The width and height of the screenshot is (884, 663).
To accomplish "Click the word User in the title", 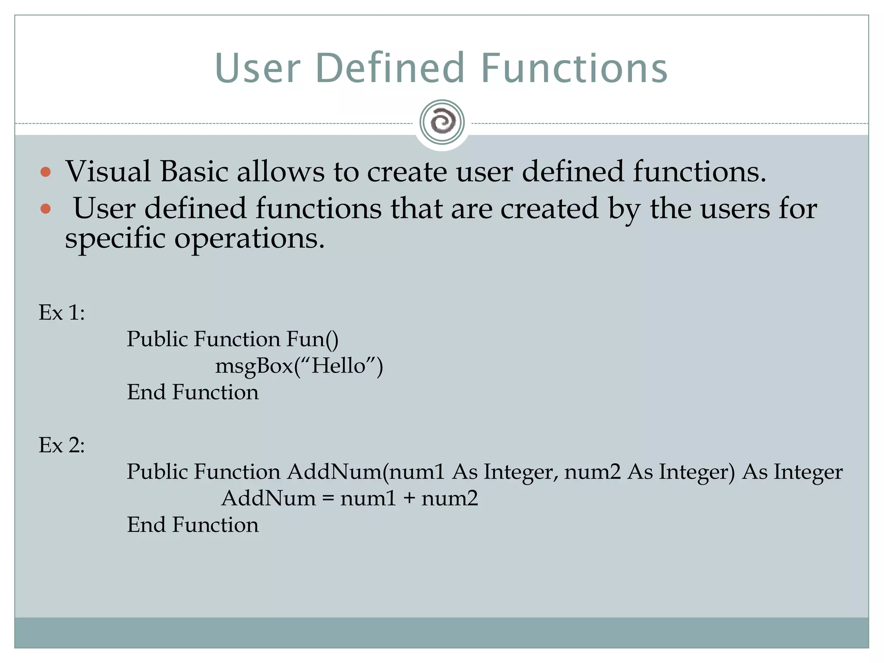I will (257, 68).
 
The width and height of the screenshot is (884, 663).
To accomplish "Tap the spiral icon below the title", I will (442, 122).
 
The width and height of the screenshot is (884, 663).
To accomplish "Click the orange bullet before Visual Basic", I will (45, 172).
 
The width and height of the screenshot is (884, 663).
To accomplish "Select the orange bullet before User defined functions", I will (45, 209).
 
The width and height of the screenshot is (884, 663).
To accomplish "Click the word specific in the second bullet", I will (115, 238).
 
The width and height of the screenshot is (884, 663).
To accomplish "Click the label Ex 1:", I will (62, 312).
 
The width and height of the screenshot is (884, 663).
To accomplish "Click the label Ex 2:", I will (62, 445).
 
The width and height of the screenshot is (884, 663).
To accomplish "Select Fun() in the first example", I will (312, 339).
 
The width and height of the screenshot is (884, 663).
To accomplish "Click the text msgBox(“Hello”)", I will (299, 366).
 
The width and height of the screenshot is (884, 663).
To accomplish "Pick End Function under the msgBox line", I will (193, 392).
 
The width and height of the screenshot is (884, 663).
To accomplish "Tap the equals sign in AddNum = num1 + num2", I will (328, 499).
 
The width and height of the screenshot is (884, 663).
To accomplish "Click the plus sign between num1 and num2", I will (409, 499).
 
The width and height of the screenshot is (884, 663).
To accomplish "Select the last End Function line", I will (193, 525).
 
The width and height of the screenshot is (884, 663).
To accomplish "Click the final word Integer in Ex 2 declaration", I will (808, 472).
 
